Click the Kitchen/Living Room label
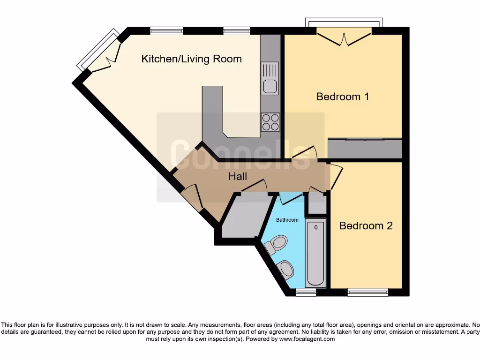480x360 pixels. pyautogui.click(x=192, y=59)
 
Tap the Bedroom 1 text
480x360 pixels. pyautogui.click(x=343, y=97)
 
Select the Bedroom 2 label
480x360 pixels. pyautogui.click(x=366, y=225)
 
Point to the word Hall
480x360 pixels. pyautogui.click(x=238, y=177)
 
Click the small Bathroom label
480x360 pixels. pyautogui.click(x=287, y=219)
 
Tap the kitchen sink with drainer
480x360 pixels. pyautogui.click(x=270, y=78)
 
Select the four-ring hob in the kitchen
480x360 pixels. pyautogui.click(x=270, y=122)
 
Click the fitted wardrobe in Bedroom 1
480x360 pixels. pyautogui.click(x=365, y=148)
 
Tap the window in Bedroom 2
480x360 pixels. pyautogui.click(x=367, y=292)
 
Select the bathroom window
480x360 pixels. pyautogui.click(x=306, y=292)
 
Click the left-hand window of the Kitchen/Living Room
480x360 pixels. pyautogui.click(x=166, y=31)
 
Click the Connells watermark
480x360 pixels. pyautogui.click(x=240, y=154)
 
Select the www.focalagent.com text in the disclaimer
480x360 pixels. pyautogui.click(x=307, y=339)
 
